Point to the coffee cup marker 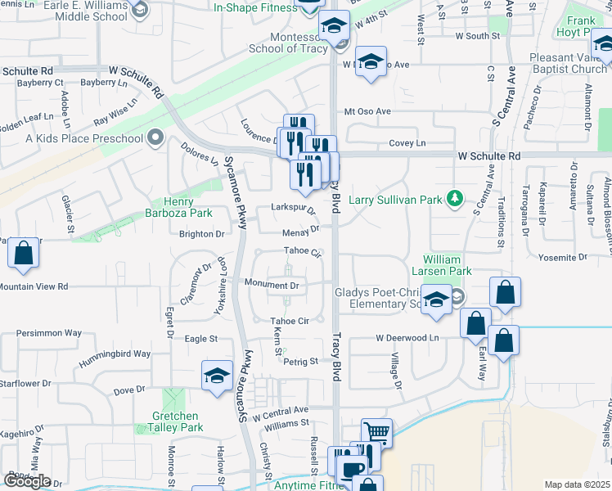click(353, 471)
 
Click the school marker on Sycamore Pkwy click(217, 376)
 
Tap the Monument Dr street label click(271, 285)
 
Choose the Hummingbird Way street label click(115, 354)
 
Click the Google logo click(27, 481)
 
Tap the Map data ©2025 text click(577, 484)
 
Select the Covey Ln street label click(407, 143)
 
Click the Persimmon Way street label click(51, 333)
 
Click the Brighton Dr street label click(201, 234)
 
